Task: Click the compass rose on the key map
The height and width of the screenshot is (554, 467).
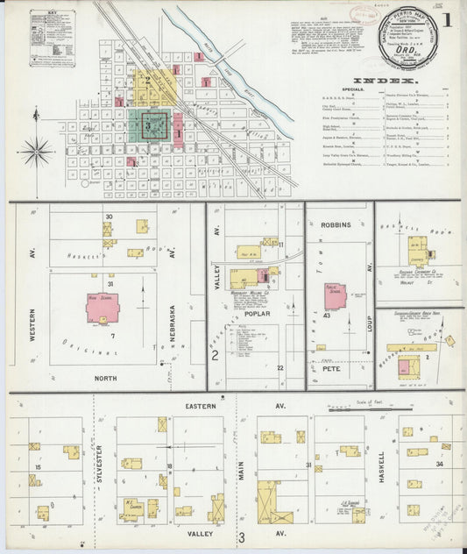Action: point(37,150)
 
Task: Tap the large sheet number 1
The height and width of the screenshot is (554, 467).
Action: point(448,18)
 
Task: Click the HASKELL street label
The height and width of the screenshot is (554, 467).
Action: point(381,471)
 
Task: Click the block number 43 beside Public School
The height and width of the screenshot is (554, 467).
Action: point(326,316)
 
